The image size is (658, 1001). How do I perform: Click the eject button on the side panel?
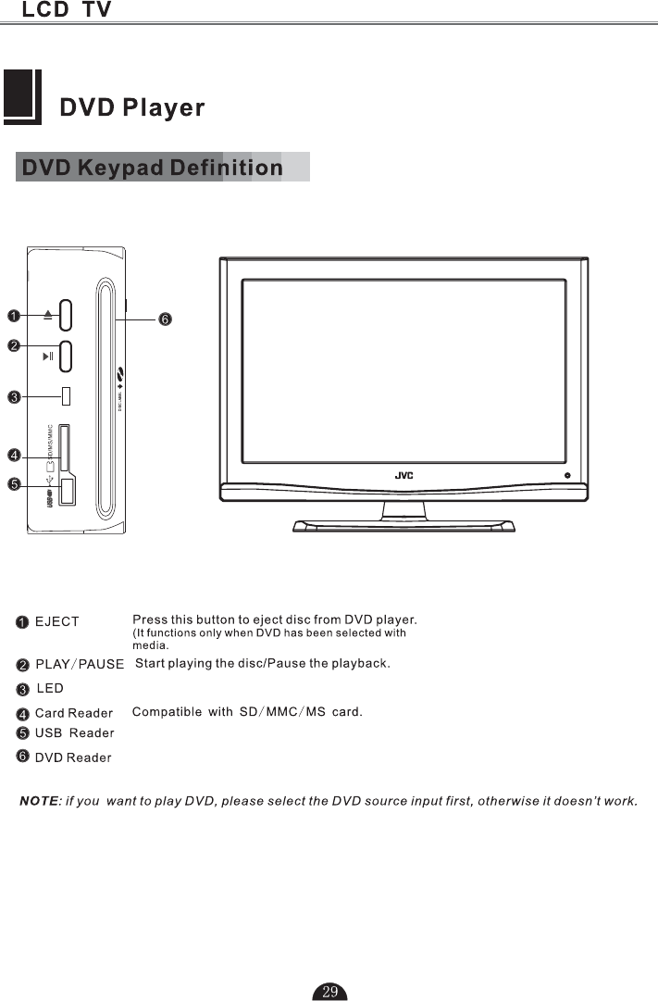68,315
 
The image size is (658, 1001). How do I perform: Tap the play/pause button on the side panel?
68,356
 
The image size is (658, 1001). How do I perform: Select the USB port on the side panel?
68,491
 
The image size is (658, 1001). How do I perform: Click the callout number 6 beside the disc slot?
164,319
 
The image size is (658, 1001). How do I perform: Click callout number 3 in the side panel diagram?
14,398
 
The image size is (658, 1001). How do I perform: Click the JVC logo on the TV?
403,475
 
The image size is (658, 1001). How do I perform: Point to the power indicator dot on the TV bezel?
566,475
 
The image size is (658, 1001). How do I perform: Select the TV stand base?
403,526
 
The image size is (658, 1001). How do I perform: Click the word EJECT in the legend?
57,622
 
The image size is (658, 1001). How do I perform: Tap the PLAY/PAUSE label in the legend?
80,665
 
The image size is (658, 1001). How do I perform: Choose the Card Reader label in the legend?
74,713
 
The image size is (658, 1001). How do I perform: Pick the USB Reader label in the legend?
75,733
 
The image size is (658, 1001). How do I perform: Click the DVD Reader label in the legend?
73,758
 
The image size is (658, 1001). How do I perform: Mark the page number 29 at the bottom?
330,992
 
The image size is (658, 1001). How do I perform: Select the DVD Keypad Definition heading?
153,168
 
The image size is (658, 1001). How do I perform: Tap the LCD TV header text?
67,10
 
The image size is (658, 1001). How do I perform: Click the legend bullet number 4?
22,713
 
